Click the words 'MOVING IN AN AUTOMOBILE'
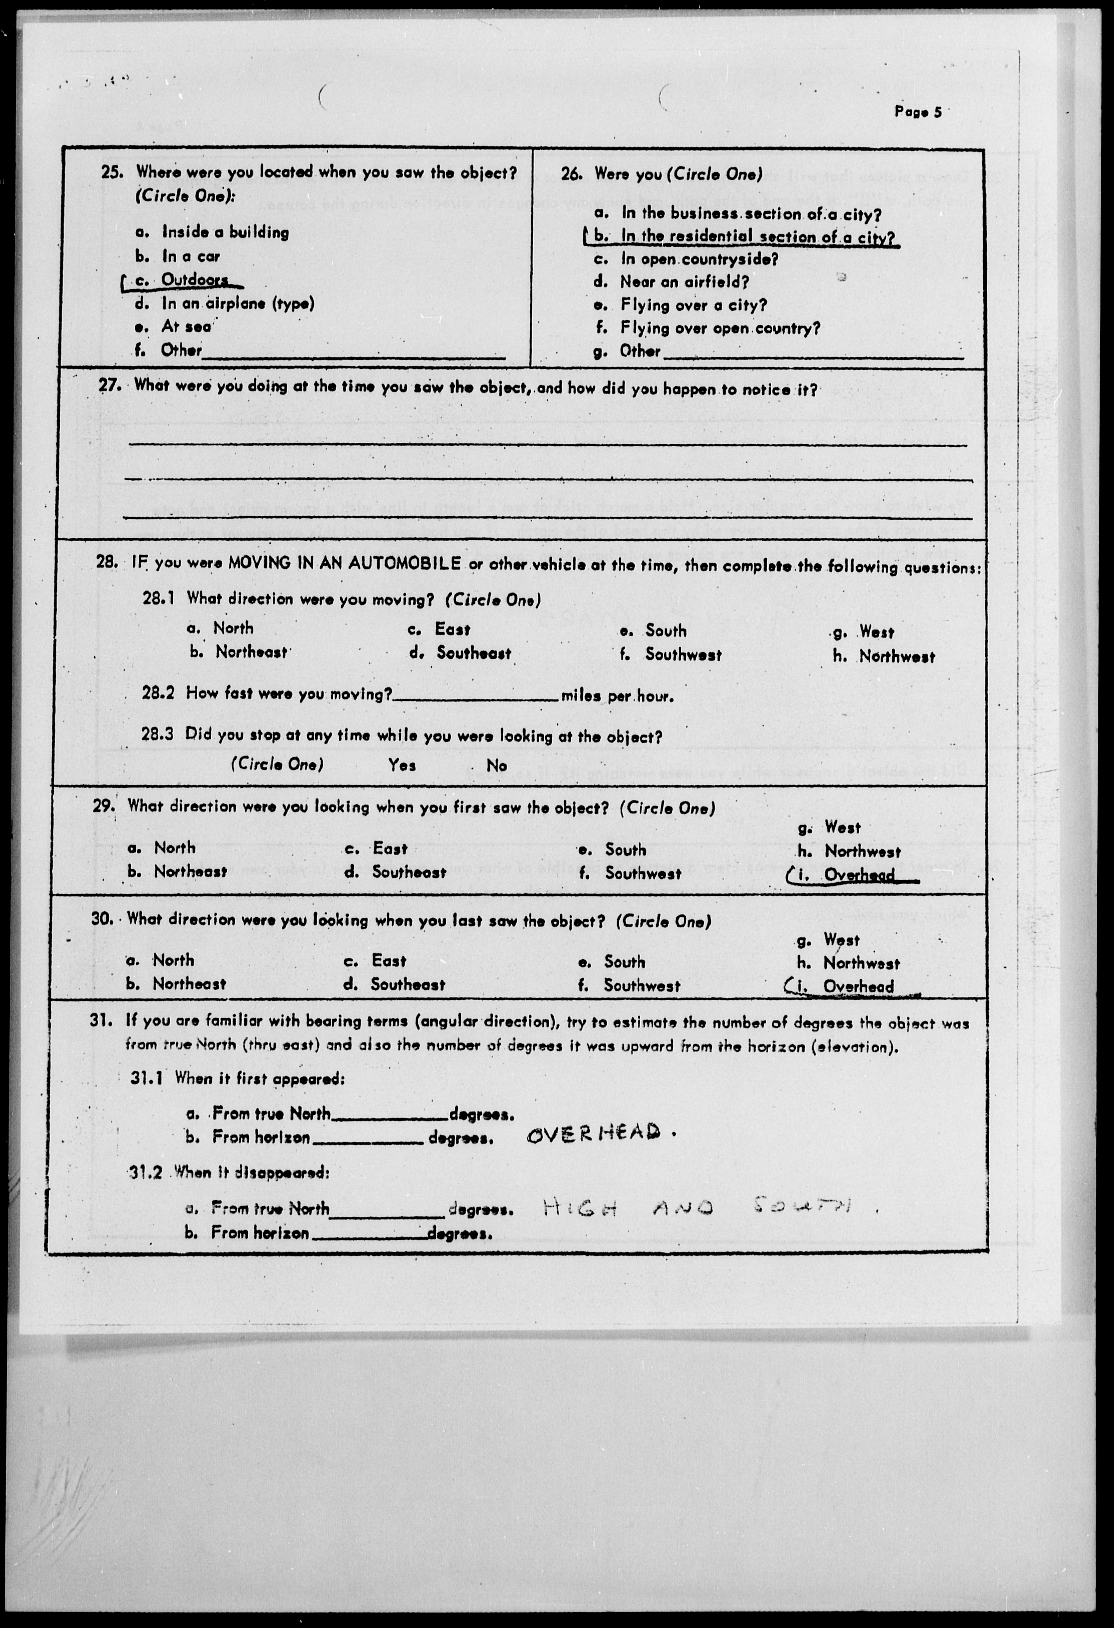(x=344, y=562)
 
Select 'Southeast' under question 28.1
(x=474, y=654)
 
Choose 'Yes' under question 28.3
(x=402, y=765)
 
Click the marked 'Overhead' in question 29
(x=859, y=875)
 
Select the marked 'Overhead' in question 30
(x=858, y=987)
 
